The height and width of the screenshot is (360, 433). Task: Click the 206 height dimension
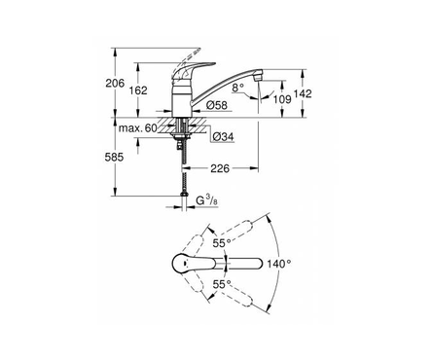point(115,83)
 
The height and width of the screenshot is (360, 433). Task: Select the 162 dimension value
point(138,90)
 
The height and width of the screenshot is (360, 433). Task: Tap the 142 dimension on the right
point(303,93)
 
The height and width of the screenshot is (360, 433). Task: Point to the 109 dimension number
point(281,99)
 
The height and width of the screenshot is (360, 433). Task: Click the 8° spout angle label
point(237,87)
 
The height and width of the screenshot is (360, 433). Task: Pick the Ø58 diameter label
point(217,105)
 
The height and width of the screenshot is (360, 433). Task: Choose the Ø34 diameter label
point(223,137)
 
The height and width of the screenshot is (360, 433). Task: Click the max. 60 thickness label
point(138,128)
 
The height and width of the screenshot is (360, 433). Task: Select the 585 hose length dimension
point(114,158)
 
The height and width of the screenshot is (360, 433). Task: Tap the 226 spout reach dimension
point(220,168)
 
